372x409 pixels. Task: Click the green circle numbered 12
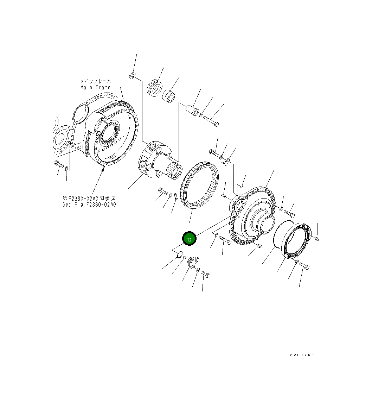(189, 239)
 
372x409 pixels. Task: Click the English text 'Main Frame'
(95, 87)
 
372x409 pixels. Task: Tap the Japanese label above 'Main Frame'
(95, 81)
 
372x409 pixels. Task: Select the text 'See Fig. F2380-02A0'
(89, 205)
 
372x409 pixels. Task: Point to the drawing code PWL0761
(302, 355)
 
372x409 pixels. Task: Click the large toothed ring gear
(200, 185)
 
